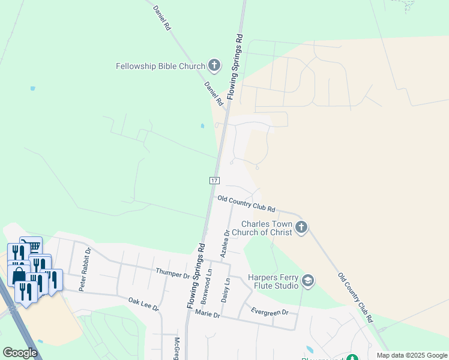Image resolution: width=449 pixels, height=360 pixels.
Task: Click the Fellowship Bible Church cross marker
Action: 214,66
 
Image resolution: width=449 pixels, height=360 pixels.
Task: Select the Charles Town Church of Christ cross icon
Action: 301,227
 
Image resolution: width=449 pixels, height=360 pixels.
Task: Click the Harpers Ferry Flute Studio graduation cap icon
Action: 308,281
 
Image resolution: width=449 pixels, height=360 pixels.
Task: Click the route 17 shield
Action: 214,180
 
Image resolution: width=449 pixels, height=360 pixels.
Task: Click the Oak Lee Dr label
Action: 143,303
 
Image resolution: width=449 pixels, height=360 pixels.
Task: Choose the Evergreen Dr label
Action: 270,312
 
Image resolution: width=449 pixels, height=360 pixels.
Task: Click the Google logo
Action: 20,353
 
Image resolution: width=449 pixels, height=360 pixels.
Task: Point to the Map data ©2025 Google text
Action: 412,355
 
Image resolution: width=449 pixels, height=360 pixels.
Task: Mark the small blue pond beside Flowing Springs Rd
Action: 202,126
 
